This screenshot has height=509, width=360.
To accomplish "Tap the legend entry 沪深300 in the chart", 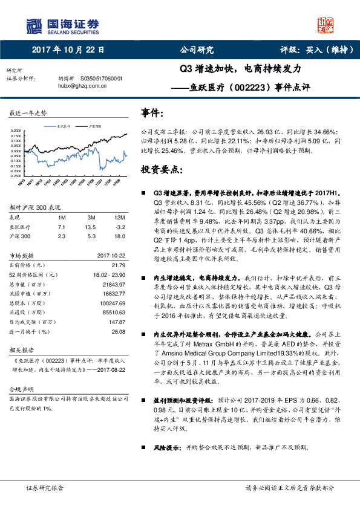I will pyautogui.click(x=94, y=126).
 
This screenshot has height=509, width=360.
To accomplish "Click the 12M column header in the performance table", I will pyautogui.click(x=119, y=216).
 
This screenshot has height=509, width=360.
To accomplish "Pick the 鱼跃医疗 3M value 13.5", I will pyautogui.click(x=91, y=225).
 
